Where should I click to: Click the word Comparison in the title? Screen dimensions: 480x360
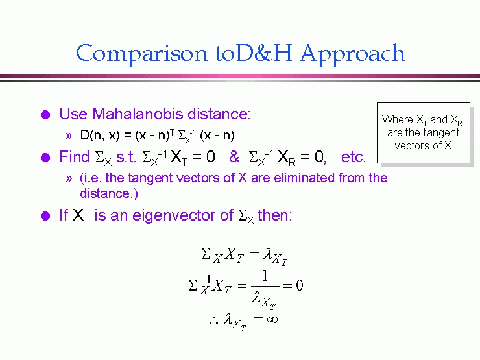tap(142, 54)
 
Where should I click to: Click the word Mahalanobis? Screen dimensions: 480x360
tap(138, 114)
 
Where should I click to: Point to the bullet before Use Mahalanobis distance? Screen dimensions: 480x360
tap(45, 115)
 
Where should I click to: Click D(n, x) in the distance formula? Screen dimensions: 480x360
tap(100, 135)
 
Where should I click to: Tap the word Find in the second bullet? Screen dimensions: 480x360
tap(74, 157)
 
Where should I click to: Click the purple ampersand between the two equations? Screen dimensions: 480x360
tap(234, 157)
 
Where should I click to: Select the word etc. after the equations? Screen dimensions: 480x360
tap(354, 157)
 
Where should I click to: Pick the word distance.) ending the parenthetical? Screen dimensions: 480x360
tap(109, 193)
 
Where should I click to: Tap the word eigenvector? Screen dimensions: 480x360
tap(174, 215)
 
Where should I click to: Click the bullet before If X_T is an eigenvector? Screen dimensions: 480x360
tap(45, 216)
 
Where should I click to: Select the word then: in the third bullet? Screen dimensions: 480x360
tap(274, 215)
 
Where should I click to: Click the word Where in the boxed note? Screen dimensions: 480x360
tap(398, 119)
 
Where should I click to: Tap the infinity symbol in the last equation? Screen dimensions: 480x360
tap(272, 320)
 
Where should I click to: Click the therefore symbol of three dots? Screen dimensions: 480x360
tap(213, 320)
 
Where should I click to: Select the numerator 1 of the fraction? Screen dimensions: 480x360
tap(265, 276)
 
